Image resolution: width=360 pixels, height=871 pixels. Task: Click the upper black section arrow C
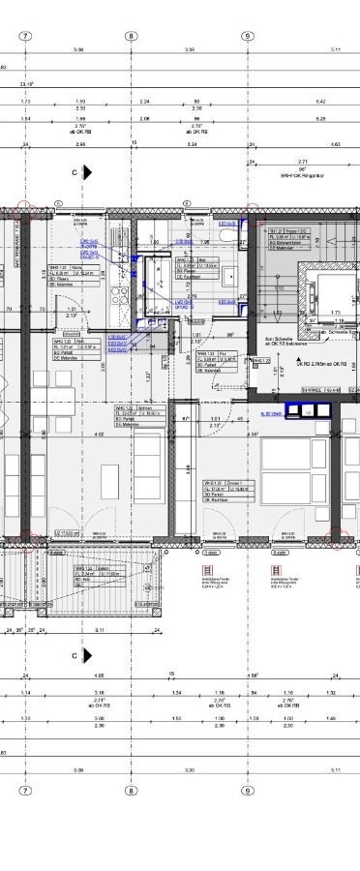87,171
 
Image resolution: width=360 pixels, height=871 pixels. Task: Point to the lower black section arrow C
87,656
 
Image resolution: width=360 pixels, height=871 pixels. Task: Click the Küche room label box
69,272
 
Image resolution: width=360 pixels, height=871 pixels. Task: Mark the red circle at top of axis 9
254,213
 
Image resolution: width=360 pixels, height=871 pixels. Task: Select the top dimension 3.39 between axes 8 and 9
190,48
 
